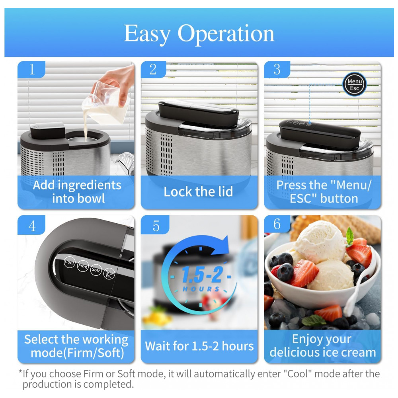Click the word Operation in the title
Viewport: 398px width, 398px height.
coord(226,34)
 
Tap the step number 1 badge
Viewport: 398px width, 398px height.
coord(31,69)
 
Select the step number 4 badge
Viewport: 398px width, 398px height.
coord(31,225)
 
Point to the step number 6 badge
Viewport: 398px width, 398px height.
coord(277,224)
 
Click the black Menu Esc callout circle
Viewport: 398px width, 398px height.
coord(355,84)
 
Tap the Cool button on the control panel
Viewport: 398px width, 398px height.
coord(69,262)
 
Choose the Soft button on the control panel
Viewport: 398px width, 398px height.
coord(96,270)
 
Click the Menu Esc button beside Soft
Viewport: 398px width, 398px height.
coord(109,274)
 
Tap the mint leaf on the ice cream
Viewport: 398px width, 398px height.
coord(350,236)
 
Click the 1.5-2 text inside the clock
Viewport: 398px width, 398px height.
coord(203,274)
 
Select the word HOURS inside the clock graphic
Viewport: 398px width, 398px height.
coord(201,289)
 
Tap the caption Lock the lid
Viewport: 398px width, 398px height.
coord(198,191)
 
